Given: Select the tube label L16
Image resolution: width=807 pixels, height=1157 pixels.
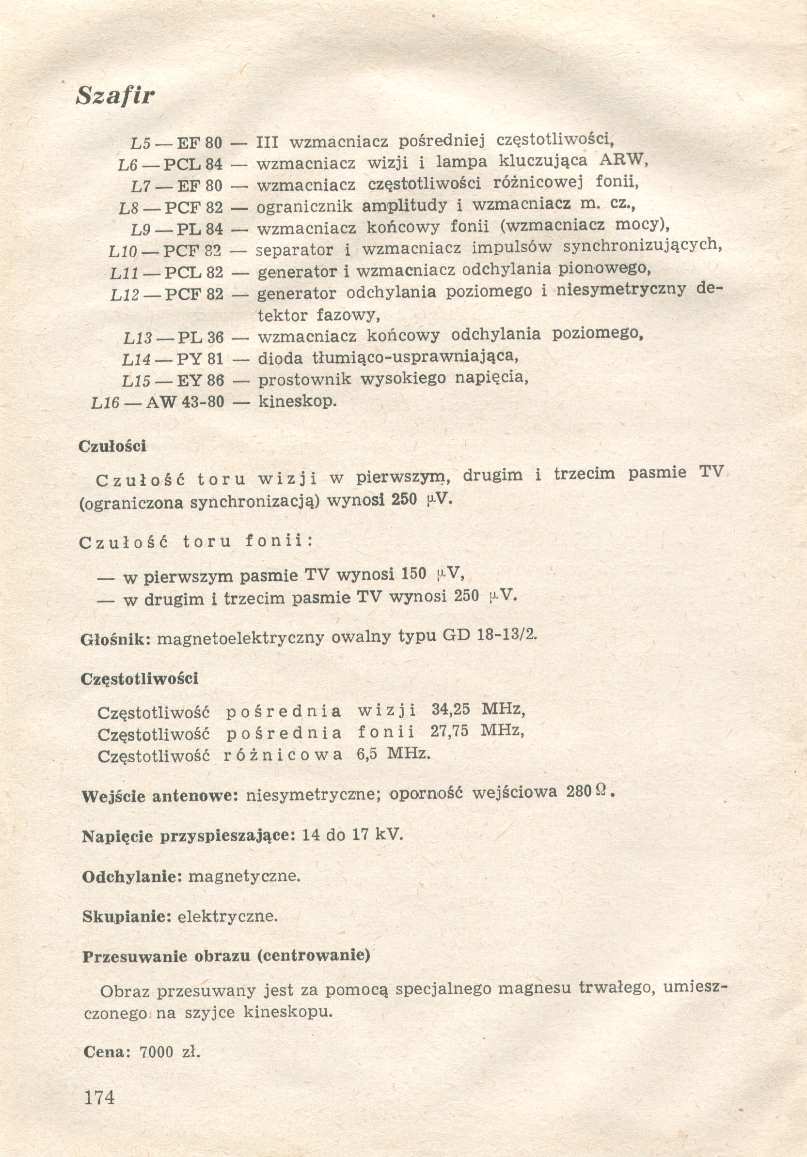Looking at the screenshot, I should click(105, 402).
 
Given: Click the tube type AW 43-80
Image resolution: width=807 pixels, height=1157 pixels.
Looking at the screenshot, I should click(185, 402).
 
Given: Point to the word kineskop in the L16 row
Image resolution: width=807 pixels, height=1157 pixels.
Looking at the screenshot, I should click(297, 401).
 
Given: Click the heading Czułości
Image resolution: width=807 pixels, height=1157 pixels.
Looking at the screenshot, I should click(112, 446).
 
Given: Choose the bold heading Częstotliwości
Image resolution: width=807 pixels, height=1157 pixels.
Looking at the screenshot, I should click(139, 679).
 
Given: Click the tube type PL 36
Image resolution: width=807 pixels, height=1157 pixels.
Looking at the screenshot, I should click(200, 337).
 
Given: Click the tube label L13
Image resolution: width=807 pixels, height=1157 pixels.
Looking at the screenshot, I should click(137, 338).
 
